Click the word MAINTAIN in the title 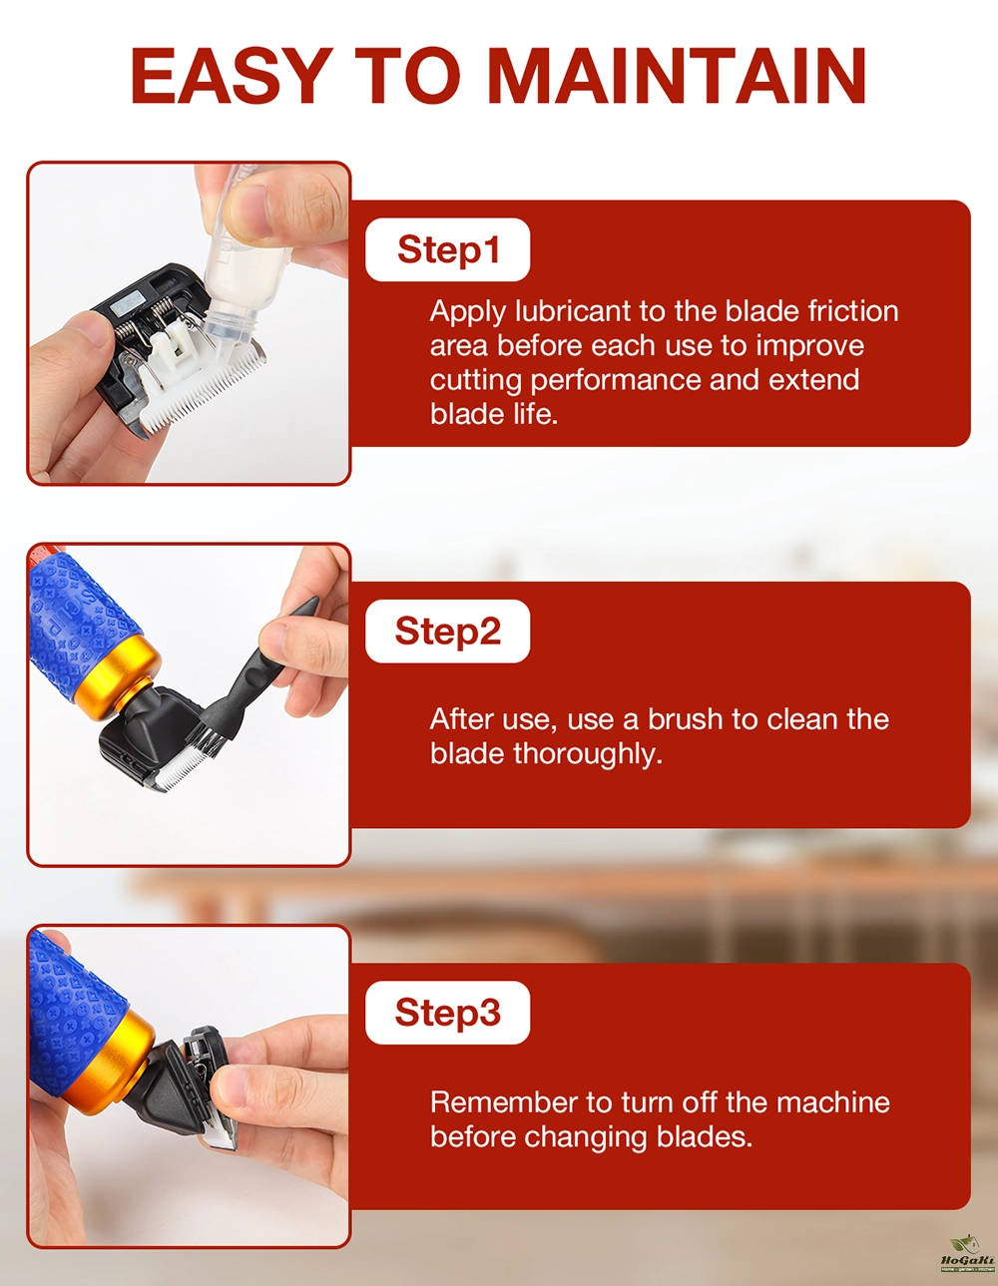pos(678,76)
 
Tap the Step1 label pos(447,249)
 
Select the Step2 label pos(447,631)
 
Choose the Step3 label pos(447,1013)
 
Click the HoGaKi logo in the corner pos(967,1252)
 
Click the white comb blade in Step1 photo pos(202,379)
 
